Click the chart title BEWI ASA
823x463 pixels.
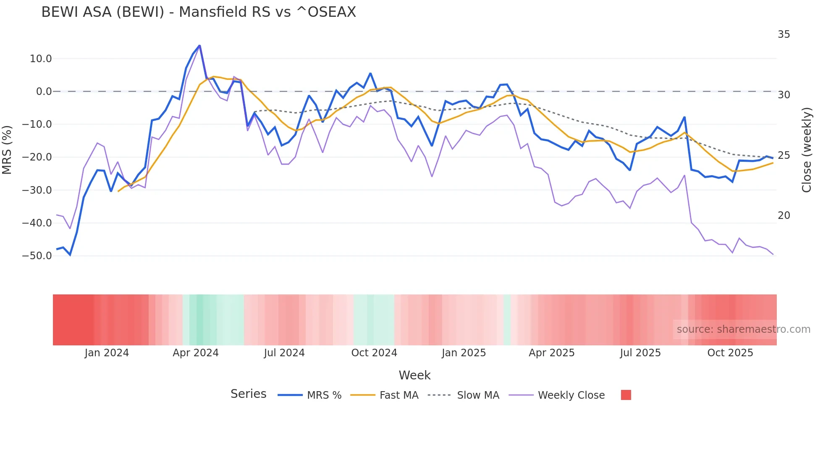click(198, 12)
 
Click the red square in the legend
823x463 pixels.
click(626, 395)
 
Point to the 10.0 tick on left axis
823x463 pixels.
click(41, 59)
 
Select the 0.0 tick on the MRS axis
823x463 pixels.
click(44, 92)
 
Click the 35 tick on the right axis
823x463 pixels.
click(784, 34)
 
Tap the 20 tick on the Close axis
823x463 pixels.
click(784, 216)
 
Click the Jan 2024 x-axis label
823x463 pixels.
click(107, 353)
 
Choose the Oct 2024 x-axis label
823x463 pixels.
click(374, 353)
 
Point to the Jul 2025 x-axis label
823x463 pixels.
click(640, 353)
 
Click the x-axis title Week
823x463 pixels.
click(414, 375)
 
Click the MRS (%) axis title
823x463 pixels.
click(7, 150)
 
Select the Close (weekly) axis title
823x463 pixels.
click(807, 150)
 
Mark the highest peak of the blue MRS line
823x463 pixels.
click(199, 45)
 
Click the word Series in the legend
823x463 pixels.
click(248, 394)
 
